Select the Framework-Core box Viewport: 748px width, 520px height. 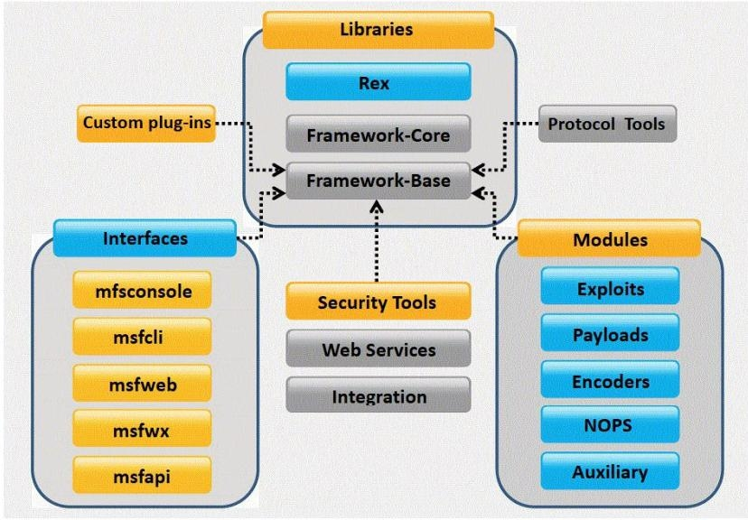pos(378,136)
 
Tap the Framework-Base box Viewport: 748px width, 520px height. pos(378,180)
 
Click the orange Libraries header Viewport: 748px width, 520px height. pos(378,30)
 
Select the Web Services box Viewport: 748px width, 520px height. pos(378,348)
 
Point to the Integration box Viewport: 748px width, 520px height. pos(378,395)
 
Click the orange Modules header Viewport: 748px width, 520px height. pos(611,242)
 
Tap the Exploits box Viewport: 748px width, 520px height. pos(611,290)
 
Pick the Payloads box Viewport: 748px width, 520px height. pos(611,335)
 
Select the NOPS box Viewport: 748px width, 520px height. pos(611,426)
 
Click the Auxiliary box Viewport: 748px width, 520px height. pos(611,471)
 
